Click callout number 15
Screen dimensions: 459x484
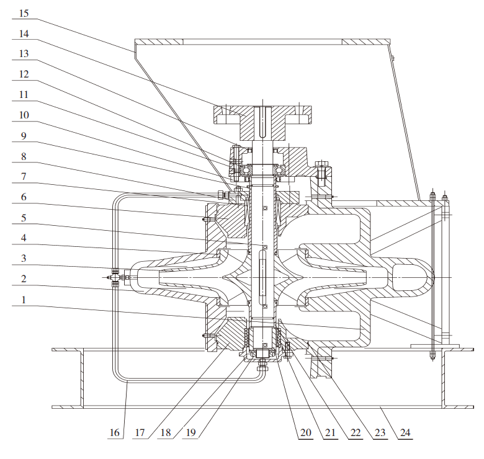click(x=23, y=12)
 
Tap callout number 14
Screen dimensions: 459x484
click(x=23, y=33)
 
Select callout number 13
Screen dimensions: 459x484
click(x=23, y=54)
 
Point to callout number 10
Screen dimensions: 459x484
click(x=23, y=116)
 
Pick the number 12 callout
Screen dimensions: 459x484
click(x=23, y=74)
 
